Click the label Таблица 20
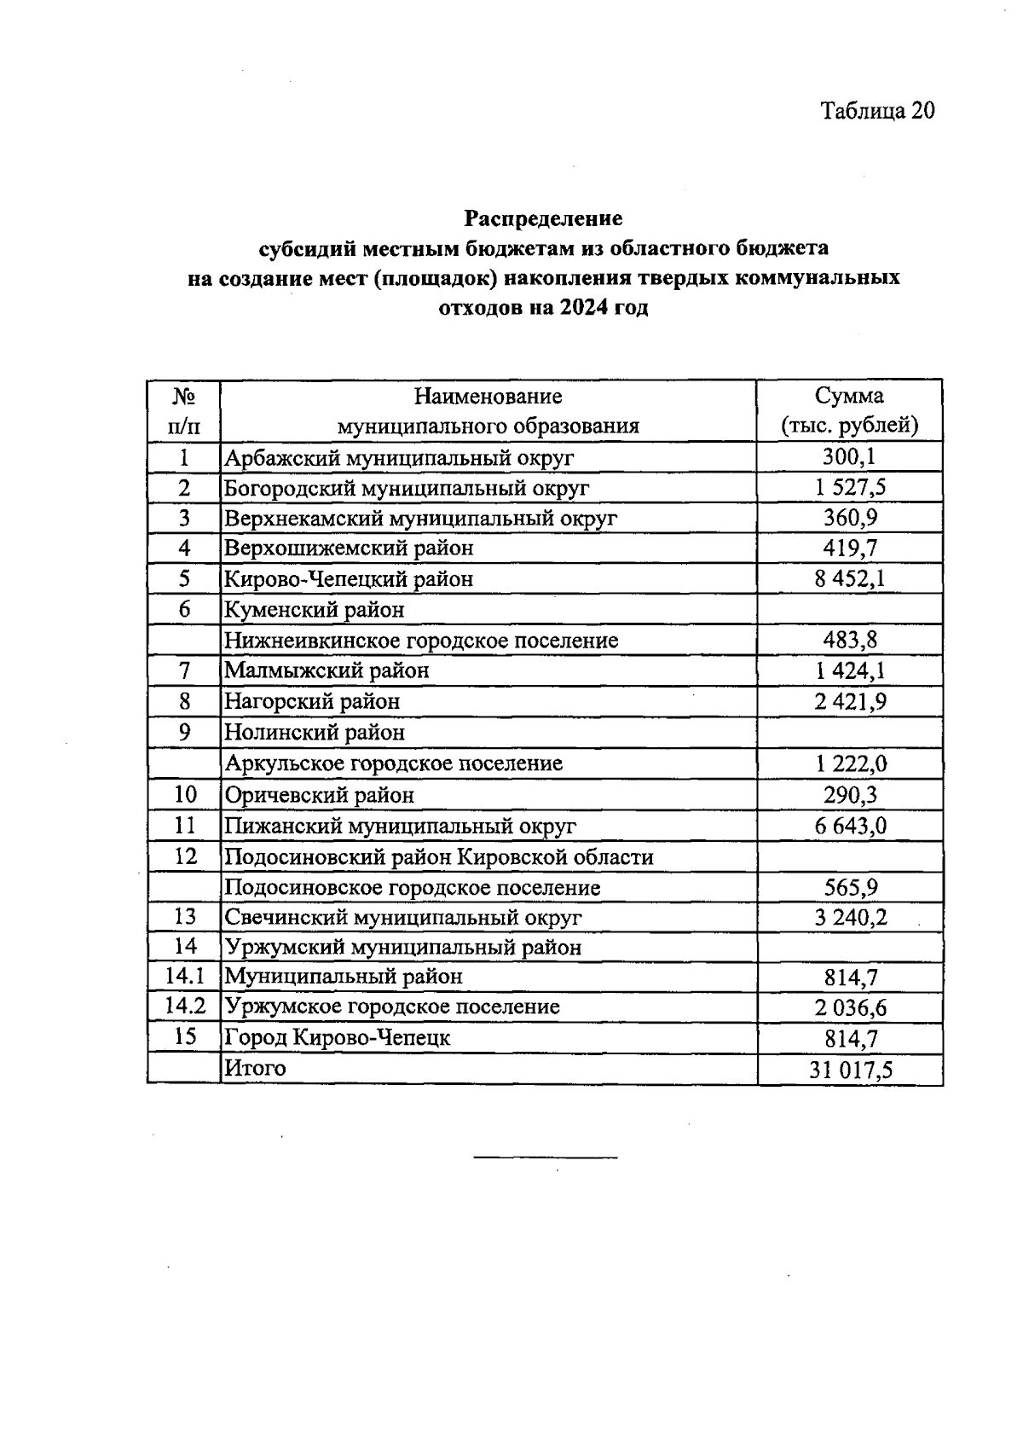point(877,111)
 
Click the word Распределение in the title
point(543,218)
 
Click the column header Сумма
point(849,396)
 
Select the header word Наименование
point(488,396)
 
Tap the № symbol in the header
point(183,396)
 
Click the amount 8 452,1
point(849,579)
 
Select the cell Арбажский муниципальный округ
point(398,458)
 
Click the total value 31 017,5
point(850,1070)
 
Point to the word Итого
point(255,1068)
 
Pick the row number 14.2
point(185,1007)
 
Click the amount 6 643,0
point(850,826)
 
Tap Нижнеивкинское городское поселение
point(421,641)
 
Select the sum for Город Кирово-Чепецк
point(850,1039)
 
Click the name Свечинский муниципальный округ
point(402,918)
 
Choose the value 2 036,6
point(850,1008)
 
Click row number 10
point(185,795)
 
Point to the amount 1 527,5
point(850,488)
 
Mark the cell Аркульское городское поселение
point(393,763)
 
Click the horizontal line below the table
point(545,1158)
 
